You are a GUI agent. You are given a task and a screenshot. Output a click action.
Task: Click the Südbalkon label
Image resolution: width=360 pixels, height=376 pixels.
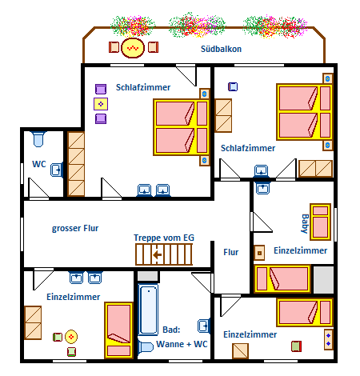pos(221,49)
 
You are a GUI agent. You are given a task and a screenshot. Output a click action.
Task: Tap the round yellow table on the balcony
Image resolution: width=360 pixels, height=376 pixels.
pos(133,48)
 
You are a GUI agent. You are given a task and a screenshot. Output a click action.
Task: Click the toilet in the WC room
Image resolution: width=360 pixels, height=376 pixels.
pos(38,138)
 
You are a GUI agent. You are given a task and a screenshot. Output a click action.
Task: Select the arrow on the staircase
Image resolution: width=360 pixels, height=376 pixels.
pos(158,255)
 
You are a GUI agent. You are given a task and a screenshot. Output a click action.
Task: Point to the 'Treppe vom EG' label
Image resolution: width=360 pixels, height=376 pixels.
pos(164,238)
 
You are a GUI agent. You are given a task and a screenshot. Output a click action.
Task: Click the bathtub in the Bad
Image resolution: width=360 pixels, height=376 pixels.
pos(148,310)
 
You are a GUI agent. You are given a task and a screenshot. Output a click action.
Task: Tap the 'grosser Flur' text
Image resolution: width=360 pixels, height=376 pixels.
pos(75,228)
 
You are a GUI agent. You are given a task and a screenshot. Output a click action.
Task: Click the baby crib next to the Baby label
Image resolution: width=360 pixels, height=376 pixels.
pos(320,222)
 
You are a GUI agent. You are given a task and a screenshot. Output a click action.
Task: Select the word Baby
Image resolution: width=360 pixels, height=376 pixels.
pos(306,223)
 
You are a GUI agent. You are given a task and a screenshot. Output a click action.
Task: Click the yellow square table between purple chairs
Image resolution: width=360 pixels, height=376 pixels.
pos(101,104)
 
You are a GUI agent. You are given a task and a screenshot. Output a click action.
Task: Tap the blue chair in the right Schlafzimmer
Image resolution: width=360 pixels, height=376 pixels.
pos(233,86)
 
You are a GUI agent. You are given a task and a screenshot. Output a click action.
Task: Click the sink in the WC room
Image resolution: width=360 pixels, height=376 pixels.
pos(57,170)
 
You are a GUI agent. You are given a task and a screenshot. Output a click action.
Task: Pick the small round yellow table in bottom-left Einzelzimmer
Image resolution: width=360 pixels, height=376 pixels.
pos(71,337)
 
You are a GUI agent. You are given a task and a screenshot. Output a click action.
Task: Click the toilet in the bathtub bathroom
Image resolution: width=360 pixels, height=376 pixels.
pos(146,346)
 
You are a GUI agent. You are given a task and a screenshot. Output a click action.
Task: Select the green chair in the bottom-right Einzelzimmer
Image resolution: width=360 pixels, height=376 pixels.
pos(296,346)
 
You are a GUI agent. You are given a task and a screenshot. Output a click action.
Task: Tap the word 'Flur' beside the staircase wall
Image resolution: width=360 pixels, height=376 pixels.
pos(231,252)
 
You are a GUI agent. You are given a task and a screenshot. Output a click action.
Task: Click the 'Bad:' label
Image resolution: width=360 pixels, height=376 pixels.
pos(171,330)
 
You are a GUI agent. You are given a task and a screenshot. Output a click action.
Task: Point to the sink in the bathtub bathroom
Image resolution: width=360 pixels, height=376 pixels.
pos(204,326)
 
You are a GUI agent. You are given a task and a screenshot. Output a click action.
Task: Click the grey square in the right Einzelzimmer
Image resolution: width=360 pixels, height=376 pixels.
pos(323,279)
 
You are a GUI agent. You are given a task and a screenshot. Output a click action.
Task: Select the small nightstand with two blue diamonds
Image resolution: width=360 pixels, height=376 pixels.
pos(329,339)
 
